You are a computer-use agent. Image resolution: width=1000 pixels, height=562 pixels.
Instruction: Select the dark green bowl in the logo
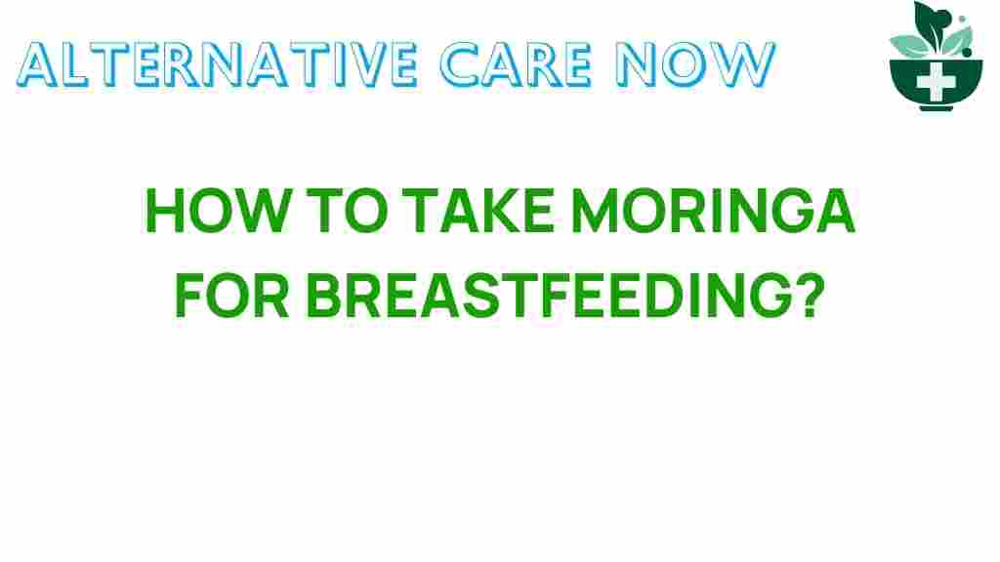click(913, 83)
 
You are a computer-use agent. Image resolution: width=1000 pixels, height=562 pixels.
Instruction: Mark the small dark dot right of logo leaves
click(962, 19)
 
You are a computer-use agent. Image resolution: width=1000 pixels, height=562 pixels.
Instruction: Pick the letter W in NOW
click(746, 64)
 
